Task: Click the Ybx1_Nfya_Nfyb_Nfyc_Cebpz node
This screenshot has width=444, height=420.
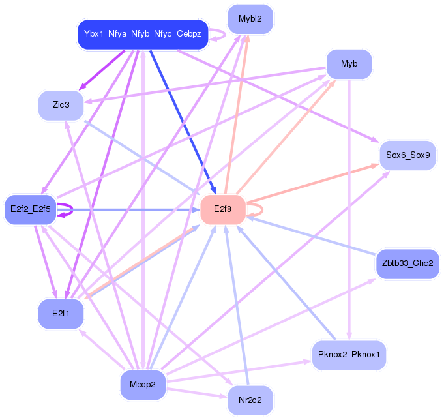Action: point(142,33)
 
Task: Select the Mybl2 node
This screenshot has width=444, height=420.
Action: point(250,19)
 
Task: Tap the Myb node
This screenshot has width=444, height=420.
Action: point(349,64)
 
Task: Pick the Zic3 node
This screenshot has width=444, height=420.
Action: point(61,104)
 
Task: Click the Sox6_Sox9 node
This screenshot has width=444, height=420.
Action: point(407,155)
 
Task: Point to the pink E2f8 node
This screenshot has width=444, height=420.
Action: point(222,209)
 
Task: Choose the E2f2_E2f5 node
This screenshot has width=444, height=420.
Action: point(31,209)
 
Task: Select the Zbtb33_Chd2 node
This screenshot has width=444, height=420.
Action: point(407,263)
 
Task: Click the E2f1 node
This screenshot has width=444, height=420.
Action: point(61,314)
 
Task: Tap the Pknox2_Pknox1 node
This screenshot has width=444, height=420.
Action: point(349,355)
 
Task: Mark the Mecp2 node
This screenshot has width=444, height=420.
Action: point(142,385)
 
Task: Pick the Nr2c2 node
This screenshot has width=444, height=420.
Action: point(250,400)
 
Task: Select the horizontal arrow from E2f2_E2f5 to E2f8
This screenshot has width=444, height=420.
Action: point(130,209)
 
